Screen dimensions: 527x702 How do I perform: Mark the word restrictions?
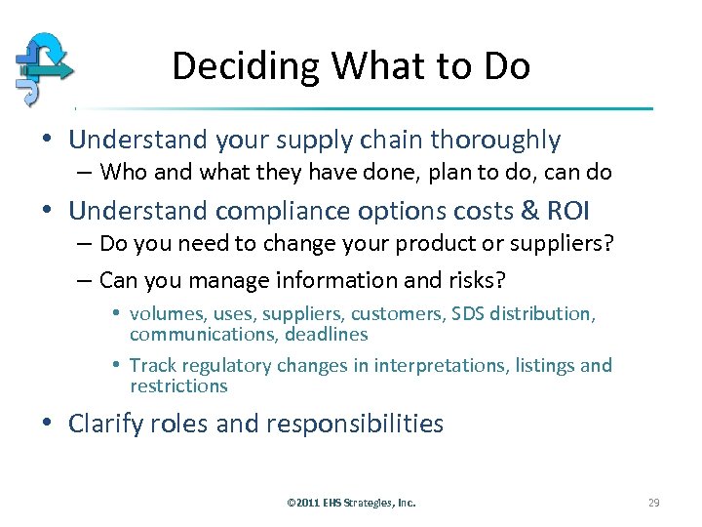tap(178, 385)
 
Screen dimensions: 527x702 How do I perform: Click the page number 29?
tap(653, 503)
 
